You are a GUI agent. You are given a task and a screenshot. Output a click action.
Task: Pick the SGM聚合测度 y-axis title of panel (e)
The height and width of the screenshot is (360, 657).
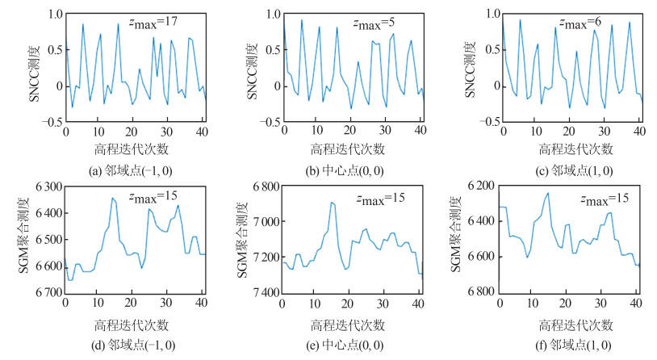[241, 240]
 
